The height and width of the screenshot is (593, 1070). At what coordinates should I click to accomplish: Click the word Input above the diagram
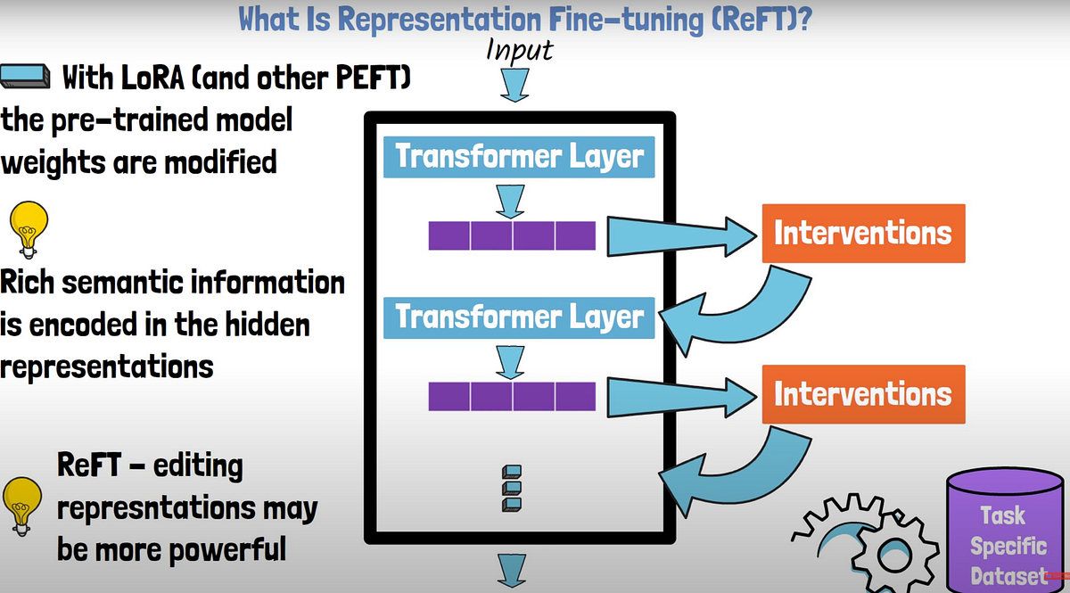tap(519, 51)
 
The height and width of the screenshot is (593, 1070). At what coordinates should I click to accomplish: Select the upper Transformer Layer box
tap(519, 156)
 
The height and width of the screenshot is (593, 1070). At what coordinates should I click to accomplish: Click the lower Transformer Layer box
tap(519, 317)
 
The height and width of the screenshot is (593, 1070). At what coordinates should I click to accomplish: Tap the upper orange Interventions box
tap(863, 233)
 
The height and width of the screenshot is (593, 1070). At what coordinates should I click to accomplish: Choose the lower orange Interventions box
tap(863, 393)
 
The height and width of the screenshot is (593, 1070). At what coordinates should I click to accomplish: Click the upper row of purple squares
tap(512, 235)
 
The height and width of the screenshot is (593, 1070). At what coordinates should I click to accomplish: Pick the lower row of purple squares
tap(512, 396)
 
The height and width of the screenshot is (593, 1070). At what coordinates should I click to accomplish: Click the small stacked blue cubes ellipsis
tap(512, 488)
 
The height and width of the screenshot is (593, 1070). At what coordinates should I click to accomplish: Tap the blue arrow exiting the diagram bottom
tap(513, 570)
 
